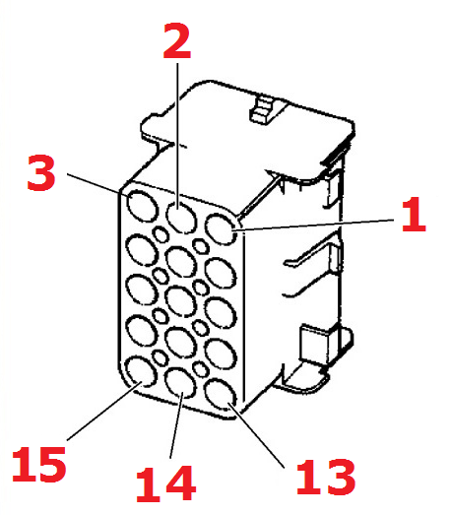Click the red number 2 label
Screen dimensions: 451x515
pos(177,40)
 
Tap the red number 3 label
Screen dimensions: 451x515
pos(41,172)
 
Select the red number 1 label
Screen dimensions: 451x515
pos(414,214)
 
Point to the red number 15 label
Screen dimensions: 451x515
pos(39,464)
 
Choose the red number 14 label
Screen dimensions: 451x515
pos(165,483)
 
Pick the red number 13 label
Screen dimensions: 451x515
pos(326,477)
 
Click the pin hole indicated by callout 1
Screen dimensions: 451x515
pos(221,229)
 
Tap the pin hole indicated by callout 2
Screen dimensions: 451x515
pos(181,217)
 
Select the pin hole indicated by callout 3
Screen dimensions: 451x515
pos(142,205)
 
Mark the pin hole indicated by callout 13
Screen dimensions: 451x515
pos(220,394)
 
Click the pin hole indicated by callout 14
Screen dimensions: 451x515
pos(180,382)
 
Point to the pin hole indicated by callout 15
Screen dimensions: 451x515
pos(141,371)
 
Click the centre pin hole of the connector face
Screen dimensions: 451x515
pos(180,301)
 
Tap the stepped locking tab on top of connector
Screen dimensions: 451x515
pos(263,110)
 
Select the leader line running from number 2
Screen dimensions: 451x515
pos(177,136)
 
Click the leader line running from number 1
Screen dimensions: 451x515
pos(314,225)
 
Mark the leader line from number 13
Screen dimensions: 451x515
pos(256,434)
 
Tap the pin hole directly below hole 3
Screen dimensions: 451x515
pos(142,249)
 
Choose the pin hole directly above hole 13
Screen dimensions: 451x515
pos(221,354)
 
